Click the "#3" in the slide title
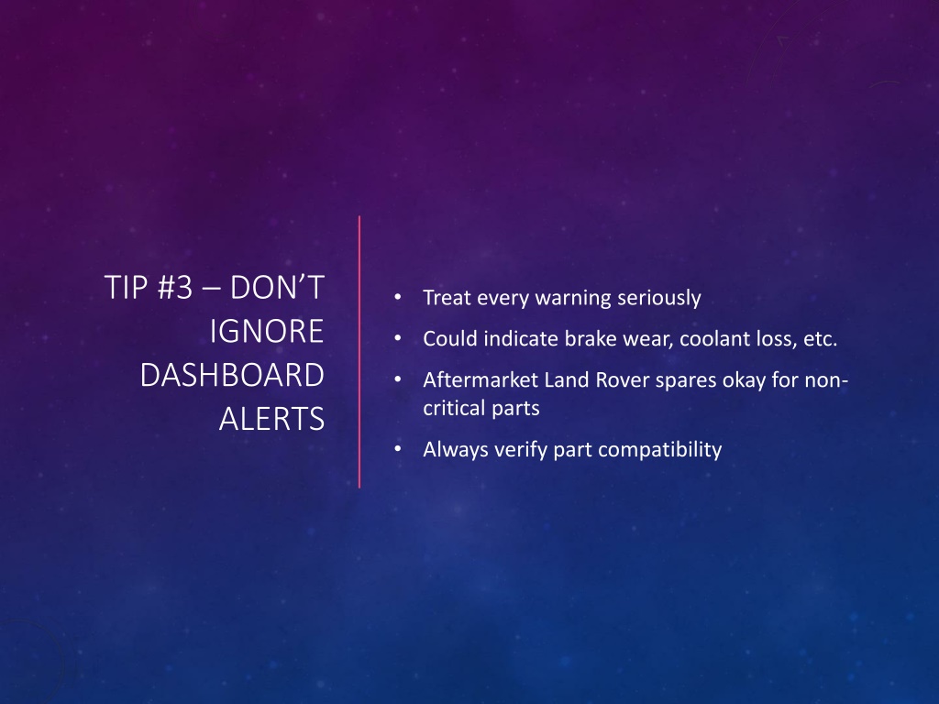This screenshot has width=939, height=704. point(175,287)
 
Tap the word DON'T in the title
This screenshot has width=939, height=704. point(277,287)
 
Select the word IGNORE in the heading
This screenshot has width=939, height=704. point(267,331)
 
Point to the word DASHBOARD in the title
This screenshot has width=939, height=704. point(232,375)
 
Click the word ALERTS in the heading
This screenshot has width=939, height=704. point(271,419)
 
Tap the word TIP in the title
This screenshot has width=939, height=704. point(126,287)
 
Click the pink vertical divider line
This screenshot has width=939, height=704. point(359,352)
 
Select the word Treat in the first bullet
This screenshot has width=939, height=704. point(447,298)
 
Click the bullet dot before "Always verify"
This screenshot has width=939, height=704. point(398,448)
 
